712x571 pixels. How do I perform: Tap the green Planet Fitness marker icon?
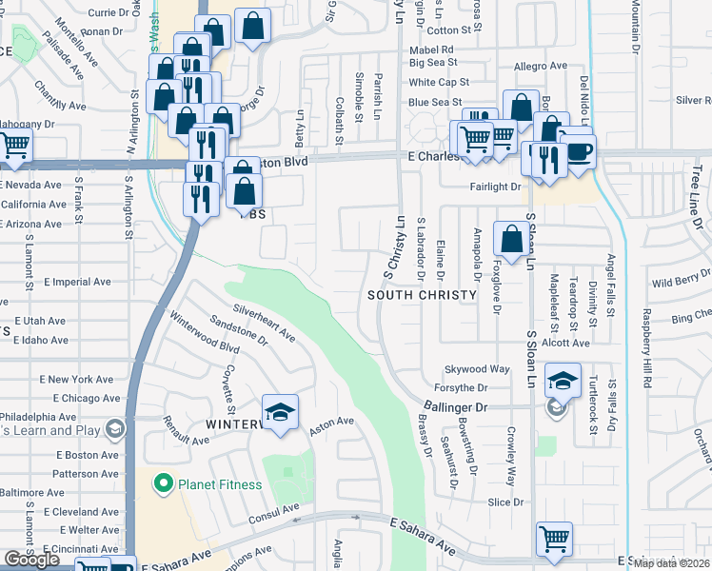[163, 483]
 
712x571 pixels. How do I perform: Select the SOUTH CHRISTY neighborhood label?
[422, 295]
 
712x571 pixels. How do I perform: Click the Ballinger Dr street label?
[454, 406]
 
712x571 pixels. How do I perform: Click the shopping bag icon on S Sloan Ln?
[512, 239]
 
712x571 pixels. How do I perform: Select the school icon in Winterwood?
[280, 412]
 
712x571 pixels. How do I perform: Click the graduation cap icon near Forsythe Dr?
[563, 382]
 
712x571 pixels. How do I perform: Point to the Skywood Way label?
[478, 369]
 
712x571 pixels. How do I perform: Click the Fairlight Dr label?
[495, 187]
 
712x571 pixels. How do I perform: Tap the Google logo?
[32, 560]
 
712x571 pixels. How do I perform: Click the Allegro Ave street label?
[541, 66]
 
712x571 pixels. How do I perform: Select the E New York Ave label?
[78, 379]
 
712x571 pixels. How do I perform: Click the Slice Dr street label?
[505, 502]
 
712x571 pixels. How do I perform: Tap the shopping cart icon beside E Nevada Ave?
[14, 146]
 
